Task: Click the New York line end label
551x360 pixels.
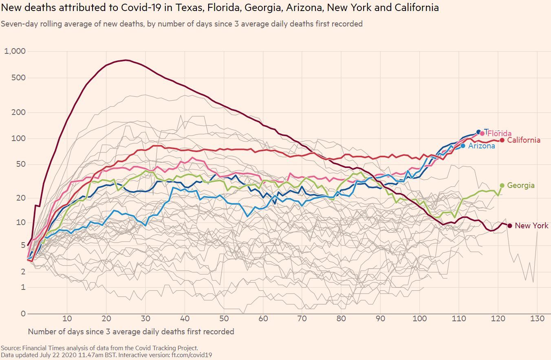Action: tap(531, 226)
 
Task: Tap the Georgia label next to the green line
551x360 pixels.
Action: tap(520, 186)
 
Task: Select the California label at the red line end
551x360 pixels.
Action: tap(524, 140)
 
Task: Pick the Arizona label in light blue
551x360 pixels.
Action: tap(481, 146)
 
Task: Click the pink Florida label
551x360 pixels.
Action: tap(499, 133)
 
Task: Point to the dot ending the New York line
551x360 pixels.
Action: tap(509, 226)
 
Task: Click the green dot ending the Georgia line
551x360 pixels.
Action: tap(502, 186)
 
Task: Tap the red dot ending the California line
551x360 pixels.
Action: tap(502, 140)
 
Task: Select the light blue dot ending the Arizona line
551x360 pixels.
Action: tap(463, 146)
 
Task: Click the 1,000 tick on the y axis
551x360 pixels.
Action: tap(15, 51)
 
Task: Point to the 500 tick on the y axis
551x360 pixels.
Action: tap(18, 78)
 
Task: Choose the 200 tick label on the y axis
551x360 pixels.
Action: tap(18, 112)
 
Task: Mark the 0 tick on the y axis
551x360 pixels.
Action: tap(23, 314)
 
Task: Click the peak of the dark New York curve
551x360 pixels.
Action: tap(126, 60)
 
